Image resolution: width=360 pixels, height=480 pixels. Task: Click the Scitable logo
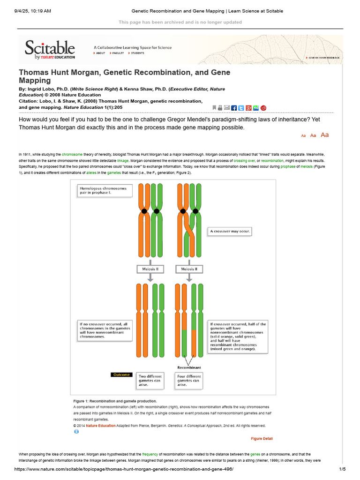point(50,50)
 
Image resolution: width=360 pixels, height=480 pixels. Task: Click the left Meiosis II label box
point(150,269)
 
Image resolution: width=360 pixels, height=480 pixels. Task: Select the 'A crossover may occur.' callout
point(231,232)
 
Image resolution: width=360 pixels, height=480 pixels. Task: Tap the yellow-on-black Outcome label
point(121,375)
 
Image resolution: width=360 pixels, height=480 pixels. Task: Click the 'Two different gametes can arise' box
point(150,381)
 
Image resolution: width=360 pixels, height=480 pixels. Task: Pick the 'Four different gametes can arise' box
point(189,381)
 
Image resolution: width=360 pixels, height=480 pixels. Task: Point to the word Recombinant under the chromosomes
point(189,367)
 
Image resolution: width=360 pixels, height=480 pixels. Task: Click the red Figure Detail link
point(262,439)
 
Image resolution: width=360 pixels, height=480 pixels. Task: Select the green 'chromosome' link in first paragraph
point(72,154)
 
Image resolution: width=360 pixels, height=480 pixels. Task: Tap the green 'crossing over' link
point(244,160)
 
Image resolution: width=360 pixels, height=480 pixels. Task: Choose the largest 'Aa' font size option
point(324,135)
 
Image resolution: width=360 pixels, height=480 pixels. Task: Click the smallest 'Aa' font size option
point(303,135)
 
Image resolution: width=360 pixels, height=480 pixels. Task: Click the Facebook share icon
point(234,108)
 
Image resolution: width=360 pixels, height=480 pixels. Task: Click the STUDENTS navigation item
point(137,53)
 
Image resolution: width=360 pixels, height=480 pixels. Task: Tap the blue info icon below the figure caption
point(76,432)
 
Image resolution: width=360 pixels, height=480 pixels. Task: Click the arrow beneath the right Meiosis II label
point(189,277)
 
